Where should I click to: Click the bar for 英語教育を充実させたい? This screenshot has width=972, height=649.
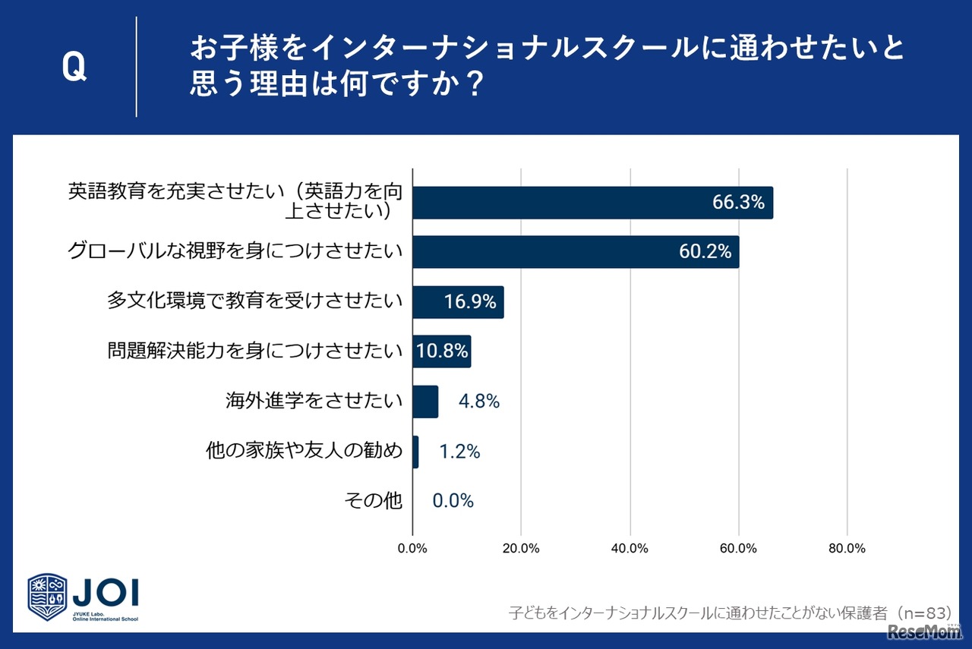click(x=592, y=203)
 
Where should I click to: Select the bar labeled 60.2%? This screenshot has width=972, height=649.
click(x=575, y=252)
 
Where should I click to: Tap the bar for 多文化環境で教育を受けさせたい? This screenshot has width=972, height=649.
click(x=458, y=302)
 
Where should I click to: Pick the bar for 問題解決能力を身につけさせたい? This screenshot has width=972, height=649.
click(x=441, y=351)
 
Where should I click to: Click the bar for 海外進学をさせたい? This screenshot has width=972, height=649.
click(x=425, y=402)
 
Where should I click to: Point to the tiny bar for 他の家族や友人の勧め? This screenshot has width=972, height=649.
click(x=415, y=452)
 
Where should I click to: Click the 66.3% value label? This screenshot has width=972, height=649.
click(x=737, y=203)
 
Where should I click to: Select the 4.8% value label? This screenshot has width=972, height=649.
click(x=478, y=402)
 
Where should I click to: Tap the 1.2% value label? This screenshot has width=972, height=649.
click(x=459, y=452)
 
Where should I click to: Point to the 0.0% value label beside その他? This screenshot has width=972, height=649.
click(x=453, y=501)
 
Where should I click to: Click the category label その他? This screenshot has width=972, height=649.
click(x=373, y=501)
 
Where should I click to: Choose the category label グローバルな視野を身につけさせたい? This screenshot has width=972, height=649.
click(x=235, y=252)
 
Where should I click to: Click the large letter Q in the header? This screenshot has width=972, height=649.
click(x=74, y=68)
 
